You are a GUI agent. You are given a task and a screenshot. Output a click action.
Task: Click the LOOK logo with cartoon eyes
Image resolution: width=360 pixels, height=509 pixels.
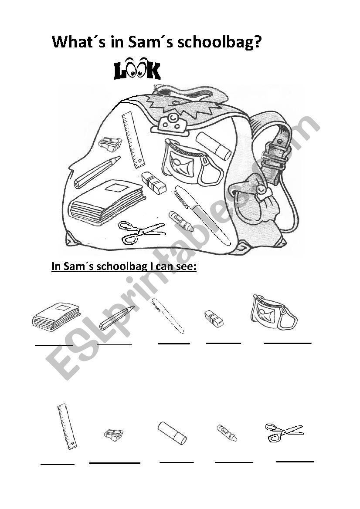point(137,70)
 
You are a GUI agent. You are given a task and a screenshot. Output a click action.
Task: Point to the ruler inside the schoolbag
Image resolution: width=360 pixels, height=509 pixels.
point(133,139)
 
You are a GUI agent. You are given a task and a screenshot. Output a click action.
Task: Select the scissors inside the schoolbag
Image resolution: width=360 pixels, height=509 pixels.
point(142,232)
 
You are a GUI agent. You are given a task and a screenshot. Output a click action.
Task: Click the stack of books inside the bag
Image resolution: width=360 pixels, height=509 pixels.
point(107,202)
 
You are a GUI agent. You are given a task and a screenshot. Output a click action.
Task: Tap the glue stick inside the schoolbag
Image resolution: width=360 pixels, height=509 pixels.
point(214,146)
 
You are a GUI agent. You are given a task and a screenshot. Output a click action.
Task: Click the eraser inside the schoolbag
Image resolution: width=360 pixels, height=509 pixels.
point(154,182)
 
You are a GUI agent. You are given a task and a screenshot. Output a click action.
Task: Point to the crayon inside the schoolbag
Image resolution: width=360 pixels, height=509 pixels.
point(181,221)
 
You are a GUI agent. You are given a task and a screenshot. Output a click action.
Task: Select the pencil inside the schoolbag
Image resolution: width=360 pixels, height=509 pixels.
point(97,172)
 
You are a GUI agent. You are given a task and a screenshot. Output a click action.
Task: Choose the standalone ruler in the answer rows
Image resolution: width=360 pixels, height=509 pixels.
point(67,426)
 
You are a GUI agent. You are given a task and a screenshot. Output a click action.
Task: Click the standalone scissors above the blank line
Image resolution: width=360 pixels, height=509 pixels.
point(284,431)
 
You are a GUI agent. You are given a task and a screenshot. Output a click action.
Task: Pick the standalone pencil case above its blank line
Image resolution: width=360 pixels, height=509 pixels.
point(274,312)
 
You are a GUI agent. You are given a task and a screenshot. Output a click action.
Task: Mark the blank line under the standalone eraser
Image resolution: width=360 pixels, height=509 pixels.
point(223,343)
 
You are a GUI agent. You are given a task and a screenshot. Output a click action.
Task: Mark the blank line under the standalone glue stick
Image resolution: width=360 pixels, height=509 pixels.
point(176,462)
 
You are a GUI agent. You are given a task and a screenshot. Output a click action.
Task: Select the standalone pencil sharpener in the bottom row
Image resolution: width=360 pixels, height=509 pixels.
point(113,434)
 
